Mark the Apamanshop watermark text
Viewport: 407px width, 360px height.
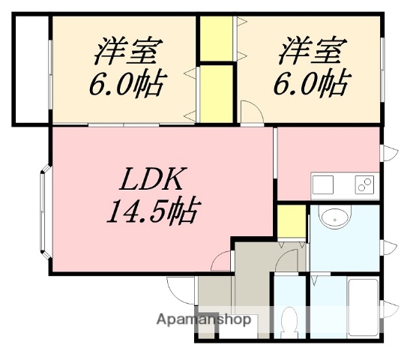[203, 319]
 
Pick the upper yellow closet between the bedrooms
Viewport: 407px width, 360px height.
[217, 38]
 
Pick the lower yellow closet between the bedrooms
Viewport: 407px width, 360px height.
[217, 92]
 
